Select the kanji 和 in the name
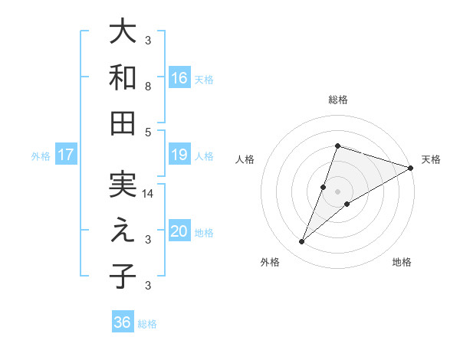click(123, 77)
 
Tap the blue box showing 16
click(179, 77)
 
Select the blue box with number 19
click(179, 155)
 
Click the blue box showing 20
click(179, 231)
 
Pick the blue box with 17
click(66, 155)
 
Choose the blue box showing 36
click(123, 322)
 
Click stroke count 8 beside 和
click(148, 87)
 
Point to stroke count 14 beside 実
click(149, 195)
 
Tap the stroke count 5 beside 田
click(148, 132)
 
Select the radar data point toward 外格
click(302, 242)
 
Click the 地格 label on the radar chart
click(402, 263)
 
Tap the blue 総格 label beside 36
click(147, 324)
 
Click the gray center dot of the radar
click(337, 191)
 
